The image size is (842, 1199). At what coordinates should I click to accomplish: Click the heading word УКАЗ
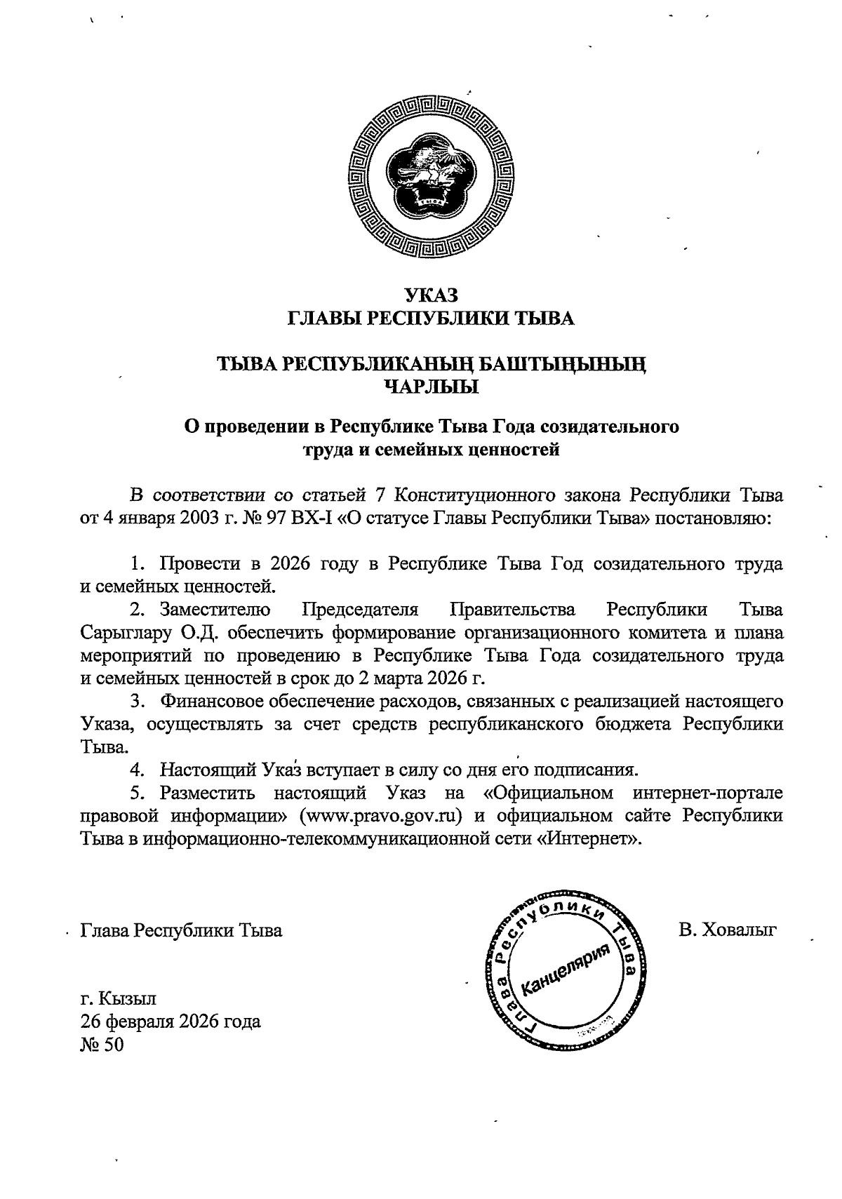coord(431,295)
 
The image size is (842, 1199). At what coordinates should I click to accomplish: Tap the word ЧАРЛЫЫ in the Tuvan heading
coord(431,386)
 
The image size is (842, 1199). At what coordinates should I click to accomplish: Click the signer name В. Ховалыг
coord(728,930)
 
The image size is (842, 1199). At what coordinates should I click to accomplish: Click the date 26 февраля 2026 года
coord(171,1021)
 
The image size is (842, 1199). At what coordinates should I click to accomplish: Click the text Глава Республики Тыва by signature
coord(182,930)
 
